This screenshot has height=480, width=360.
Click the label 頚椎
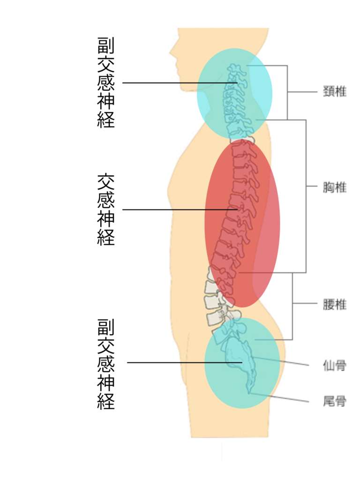tap(335, 91)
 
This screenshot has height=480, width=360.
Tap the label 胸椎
tap(335, 187)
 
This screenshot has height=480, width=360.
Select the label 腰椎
tap(335, 305)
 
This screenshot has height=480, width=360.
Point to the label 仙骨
tap(335, 366)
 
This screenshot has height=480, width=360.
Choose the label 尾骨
tap(335, 401)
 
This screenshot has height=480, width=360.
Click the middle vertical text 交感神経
tap(106, 210)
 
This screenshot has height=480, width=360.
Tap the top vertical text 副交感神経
tap(106, 82)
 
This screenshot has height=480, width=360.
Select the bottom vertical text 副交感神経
tap(106, 364)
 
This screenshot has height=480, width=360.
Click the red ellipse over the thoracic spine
tap(242, 224)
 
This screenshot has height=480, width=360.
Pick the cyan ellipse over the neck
tap(234, 93)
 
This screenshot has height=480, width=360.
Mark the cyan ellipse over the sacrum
tap(242, 363)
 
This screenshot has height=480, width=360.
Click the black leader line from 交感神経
tap(180, 210)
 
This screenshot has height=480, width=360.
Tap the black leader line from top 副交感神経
tap(180, 82)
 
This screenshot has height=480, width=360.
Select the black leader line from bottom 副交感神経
tap(185, 363)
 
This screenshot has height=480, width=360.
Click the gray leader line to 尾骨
tap(279, 397)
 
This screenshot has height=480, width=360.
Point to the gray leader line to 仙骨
tap(281, 361)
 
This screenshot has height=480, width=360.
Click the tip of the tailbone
tap(249, 393)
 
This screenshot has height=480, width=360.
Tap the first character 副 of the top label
tap(106, 45)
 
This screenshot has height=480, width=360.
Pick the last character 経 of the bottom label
tap(106, 401)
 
